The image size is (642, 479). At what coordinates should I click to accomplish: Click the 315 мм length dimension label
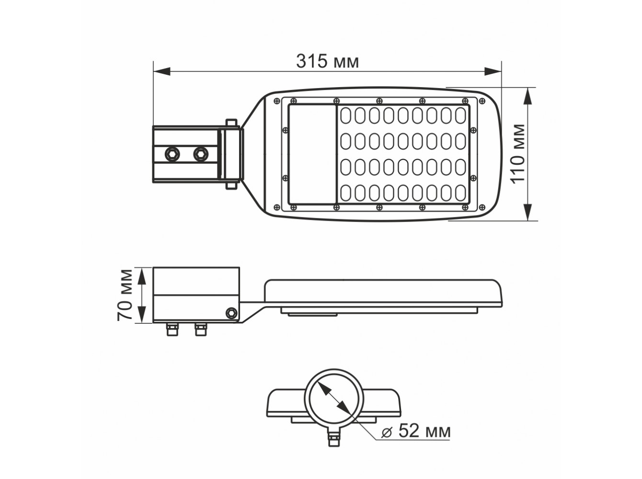click(x=327, y=61)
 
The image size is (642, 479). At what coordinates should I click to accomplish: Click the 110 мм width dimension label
click(x=518, y=154)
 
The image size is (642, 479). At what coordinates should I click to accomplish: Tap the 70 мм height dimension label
click(x=125, y=296)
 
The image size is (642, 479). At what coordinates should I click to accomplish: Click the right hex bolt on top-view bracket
click(x=201, y=153)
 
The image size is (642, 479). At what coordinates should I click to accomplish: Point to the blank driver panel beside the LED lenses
click(x=312, y=154)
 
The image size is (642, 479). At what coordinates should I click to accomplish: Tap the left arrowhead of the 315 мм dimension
click(x=162, y=71)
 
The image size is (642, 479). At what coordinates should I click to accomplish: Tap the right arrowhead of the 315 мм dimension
click(x=493, y=71)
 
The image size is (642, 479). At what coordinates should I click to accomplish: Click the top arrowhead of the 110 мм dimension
click(x=527, y=96)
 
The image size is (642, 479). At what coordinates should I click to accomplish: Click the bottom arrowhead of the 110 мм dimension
click(x=527, y=212)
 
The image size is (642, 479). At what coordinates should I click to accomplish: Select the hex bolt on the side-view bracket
click(x=231, y=313)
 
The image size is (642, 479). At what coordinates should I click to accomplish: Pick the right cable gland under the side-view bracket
click(x=201, y=329)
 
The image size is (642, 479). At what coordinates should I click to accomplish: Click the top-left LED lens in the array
click(x=346, y=115)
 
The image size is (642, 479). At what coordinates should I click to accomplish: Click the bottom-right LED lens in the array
click(x=460, y=193)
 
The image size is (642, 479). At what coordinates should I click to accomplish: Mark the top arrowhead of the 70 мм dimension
click(x=142, y=277)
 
